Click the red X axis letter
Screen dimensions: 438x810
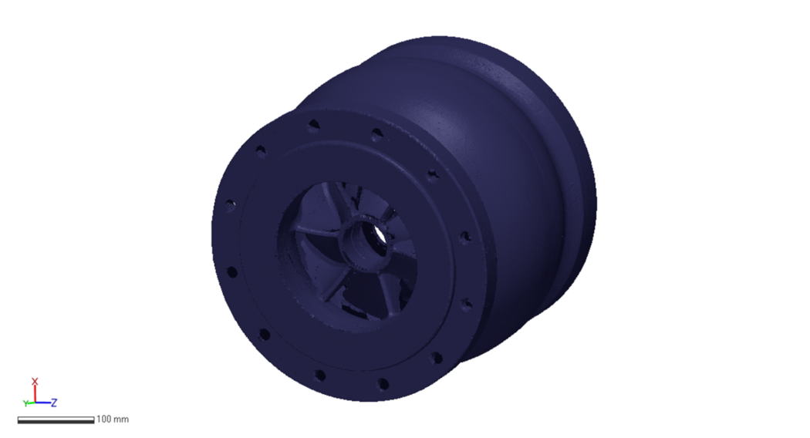35,382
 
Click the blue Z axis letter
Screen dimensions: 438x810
55,403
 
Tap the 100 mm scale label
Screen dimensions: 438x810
113,419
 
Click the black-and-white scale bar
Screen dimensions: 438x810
56,420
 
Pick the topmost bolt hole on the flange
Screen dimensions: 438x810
313,123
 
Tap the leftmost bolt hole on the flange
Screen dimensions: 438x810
230,205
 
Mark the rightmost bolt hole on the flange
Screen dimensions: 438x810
465,238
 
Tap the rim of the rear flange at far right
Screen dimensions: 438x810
590,193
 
